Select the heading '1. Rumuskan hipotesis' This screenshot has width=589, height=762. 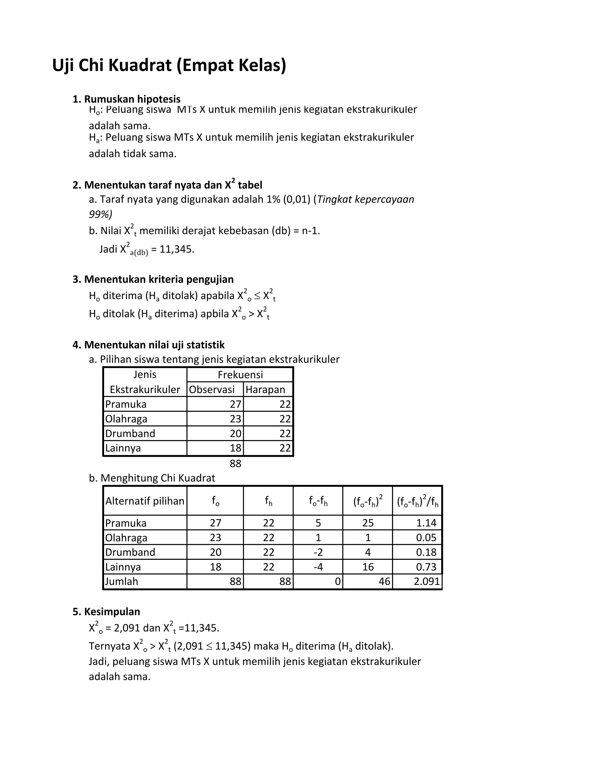pos(126,99)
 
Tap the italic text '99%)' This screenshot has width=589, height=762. pos(100,214)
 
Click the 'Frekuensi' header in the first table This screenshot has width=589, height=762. pos(240,375)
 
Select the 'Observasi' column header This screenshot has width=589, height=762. pos(212,389)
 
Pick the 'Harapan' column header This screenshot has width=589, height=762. pos(265,389)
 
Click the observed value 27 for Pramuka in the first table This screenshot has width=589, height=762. pos(236,404)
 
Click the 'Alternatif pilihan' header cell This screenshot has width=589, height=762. pos(145,501)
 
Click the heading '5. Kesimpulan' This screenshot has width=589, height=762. pos(106,611)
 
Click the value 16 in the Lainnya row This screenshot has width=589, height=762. pos(368,567)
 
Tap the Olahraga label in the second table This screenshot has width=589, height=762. pos(126,538)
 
